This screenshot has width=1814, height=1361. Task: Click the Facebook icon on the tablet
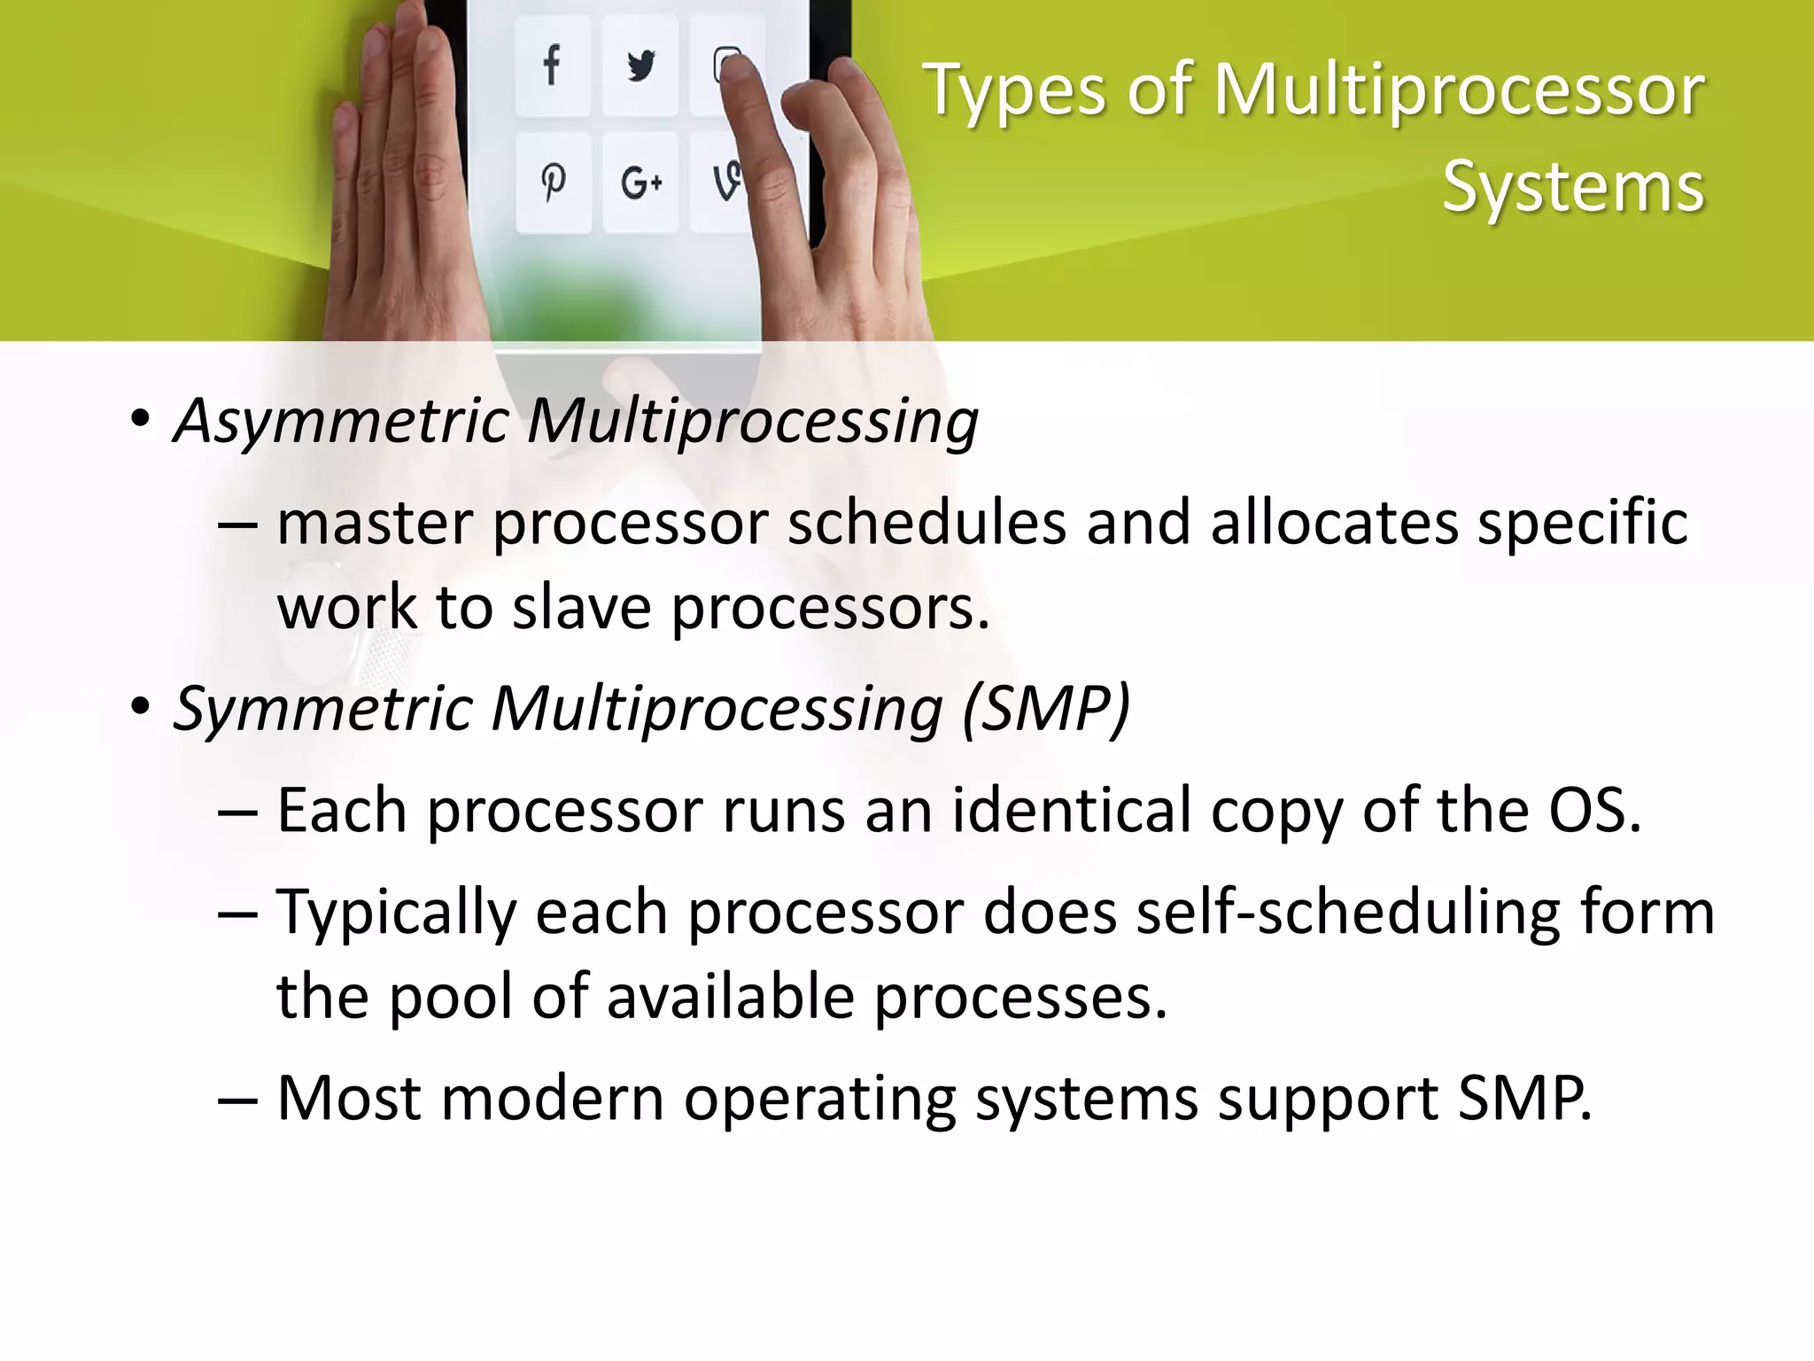pos(552,66)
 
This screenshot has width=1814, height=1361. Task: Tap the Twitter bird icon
pos(640,66)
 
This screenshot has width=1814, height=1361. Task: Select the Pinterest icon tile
pos(554,183)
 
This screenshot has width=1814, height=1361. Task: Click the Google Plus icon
pos(640,183)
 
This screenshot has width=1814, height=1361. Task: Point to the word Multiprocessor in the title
pos(1458,90)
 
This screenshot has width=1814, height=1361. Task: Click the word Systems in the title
pos(1573,188)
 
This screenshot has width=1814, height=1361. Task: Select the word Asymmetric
pos(340,420)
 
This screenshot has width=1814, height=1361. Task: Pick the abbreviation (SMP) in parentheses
pos(1046,709)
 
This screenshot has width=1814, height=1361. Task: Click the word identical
pos(1072,810)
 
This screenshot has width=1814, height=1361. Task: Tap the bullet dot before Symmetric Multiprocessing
pos(140,708)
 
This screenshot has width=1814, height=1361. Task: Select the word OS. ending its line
pos(1594,810)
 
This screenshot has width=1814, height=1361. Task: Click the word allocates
pos(1334,523)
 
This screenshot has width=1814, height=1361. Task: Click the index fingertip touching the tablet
pos(734,67)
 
